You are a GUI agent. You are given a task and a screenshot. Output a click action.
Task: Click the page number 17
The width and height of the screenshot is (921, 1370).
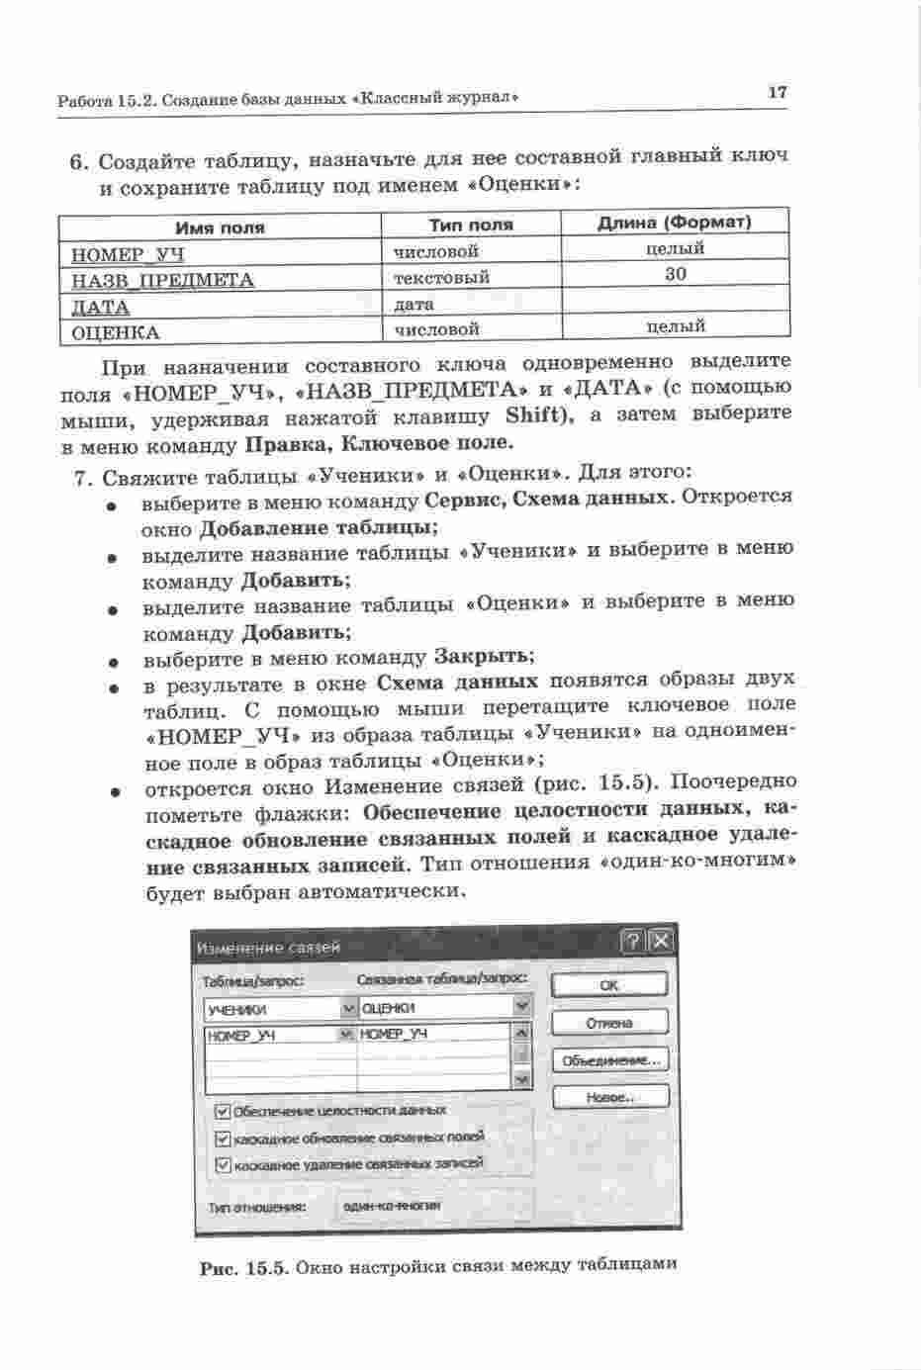point(777,92)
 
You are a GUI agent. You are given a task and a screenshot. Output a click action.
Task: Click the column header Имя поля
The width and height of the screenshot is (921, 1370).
point(220,228)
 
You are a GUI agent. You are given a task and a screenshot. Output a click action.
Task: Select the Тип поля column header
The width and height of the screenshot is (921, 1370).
point(471,225)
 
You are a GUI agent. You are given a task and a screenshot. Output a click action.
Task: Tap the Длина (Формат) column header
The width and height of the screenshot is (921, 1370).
point(675,222)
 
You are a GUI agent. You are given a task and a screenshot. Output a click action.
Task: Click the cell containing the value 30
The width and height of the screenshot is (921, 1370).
point(676,274)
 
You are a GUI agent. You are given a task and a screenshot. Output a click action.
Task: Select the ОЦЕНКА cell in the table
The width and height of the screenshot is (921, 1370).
point(116,333)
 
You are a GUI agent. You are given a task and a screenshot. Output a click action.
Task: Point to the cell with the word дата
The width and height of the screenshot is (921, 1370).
point(414,305)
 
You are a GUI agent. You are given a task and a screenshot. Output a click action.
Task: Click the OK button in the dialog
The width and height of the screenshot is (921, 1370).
point(608,984)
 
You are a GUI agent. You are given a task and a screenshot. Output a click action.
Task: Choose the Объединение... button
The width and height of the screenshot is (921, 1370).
point(609,1060)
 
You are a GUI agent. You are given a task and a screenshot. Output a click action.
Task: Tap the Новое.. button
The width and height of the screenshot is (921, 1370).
point(609,1097)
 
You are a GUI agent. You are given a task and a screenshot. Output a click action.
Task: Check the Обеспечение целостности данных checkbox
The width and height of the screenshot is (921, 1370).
point(224,1112)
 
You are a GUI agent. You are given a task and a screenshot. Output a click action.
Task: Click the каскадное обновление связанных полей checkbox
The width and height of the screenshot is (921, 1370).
point(224,1140)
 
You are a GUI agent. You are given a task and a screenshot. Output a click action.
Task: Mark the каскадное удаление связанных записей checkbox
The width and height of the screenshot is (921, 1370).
point(224,1165)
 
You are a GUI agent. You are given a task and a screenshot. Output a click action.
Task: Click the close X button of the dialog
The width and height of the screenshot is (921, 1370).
point(661,941)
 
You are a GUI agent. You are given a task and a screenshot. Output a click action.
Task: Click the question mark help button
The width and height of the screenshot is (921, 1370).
point(633,941)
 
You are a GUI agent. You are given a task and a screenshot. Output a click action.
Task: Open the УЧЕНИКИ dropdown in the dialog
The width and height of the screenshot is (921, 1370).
point(347,1009)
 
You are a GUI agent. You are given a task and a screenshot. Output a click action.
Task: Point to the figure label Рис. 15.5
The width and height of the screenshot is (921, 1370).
point(242,1269)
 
